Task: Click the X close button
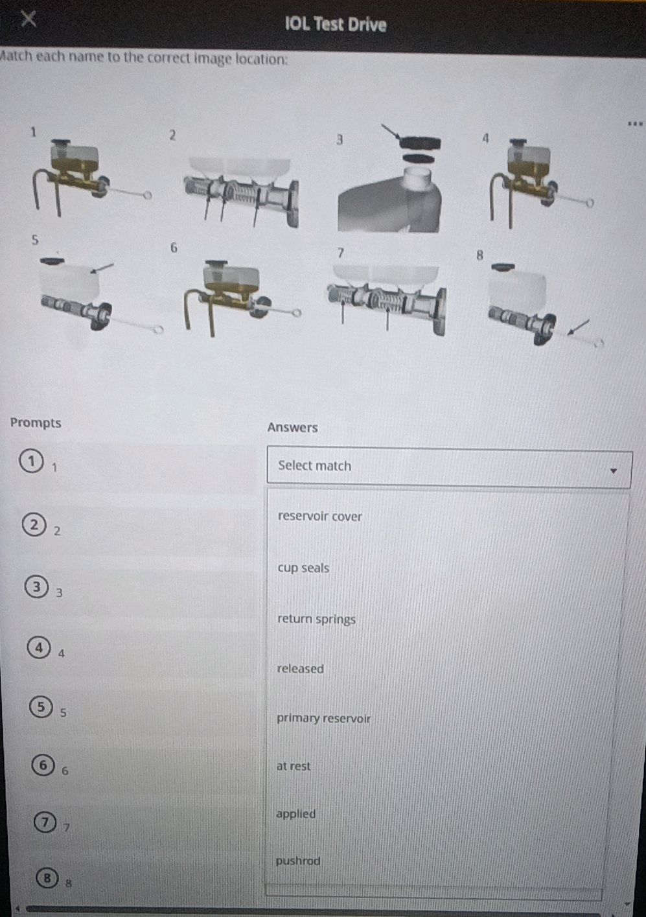click(29, 18)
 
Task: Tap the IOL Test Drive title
click(336, 24)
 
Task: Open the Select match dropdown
click(449, 467)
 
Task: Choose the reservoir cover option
click(319, 517)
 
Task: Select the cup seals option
click(303, 568)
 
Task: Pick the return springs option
click(316, 620)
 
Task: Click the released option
click(300, 669)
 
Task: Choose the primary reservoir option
click(323, 719)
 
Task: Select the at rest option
click(293, 766)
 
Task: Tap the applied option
click(295, 814)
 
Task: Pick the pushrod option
click(297, 861)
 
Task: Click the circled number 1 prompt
click(31, 461)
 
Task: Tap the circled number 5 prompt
click(41, 706)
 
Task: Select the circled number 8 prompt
click(47, 877)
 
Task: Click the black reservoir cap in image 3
click(420, 143)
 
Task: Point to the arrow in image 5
click(102, 268)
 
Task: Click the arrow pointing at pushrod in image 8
click(579, 327)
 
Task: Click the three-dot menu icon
click(635, 123)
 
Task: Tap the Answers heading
click(292, 428)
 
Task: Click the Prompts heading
click(36, 423)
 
